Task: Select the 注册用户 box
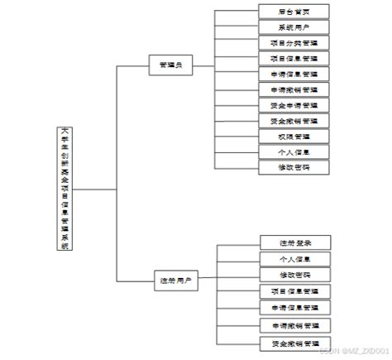click(174, 281)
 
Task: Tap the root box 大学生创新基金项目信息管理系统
click(64, 189)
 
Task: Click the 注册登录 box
click(294, 242)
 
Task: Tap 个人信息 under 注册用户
click(294, 259)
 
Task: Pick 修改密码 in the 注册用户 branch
click(294, 275)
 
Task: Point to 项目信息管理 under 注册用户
click(294, 291)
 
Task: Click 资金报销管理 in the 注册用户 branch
click(294, 343)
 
